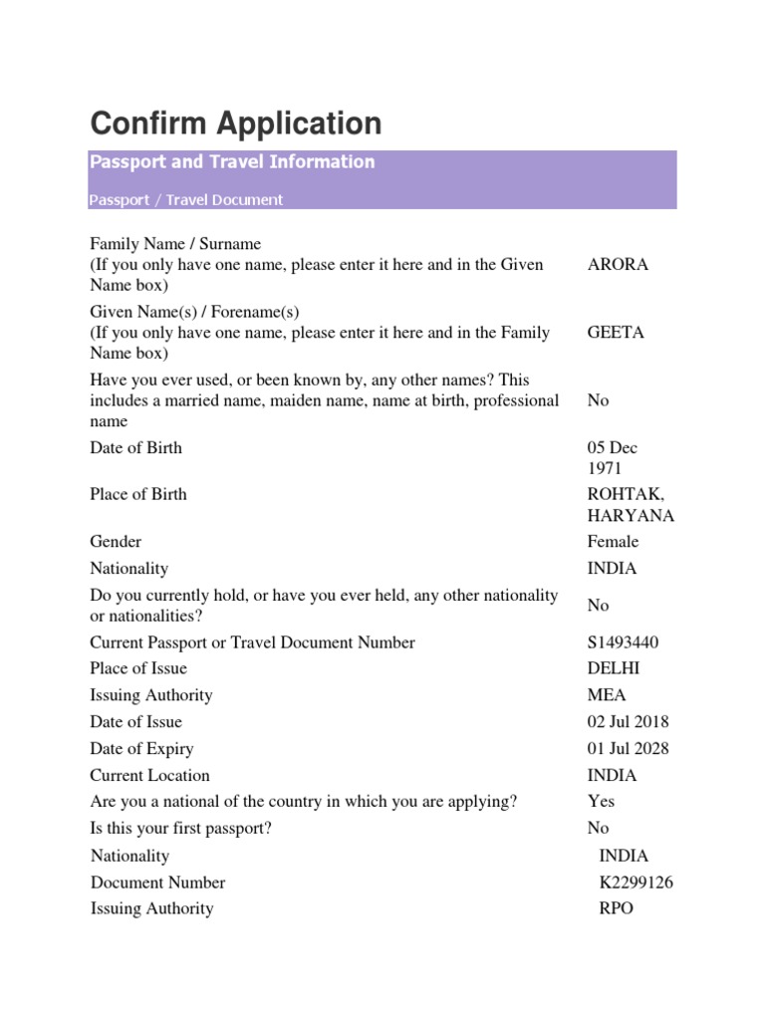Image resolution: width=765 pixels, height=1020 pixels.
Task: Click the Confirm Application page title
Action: pos(236,124)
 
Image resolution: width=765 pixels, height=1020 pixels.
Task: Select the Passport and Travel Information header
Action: pos(232,161)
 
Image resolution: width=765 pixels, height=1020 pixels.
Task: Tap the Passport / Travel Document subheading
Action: pos(186,199)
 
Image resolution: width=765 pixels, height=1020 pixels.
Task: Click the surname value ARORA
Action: pos(618,265)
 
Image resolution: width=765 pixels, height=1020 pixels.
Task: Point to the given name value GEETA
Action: pos(616,333)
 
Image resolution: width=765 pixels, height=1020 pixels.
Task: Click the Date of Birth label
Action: pos(136,448)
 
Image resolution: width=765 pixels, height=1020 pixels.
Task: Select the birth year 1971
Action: pos(605,468)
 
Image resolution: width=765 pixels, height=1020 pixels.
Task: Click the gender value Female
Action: pos(614,542)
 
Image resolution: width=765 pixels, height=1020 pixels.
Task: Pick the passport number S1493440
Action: pos(623,642)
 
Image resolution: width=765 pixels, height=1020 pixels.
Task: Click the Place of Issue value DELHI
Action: pos(614,668)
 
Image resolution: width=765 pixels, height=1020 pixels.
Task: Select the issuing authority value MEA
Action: pos(608,695)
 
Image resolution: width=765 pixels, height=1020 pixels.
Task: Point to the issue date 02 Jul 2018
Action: pos(629,722)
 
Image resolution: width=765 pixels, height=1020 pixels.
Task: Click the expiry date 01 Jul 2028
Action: pos(629,749)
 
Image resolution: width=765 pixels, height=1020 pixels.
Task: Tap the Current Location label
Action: pos(150,776)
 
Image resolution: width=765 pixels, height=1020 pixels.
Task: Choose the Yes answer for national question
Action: pos(602,801)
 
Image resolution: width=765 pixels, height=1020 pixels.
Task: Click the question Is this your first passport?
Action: pos(181,828)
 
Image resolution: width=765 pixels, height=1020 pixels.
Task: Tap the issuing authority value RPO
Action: pos(616,908)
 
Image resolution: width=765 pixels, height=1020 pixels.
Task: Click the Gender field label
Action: pos(117,542)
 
